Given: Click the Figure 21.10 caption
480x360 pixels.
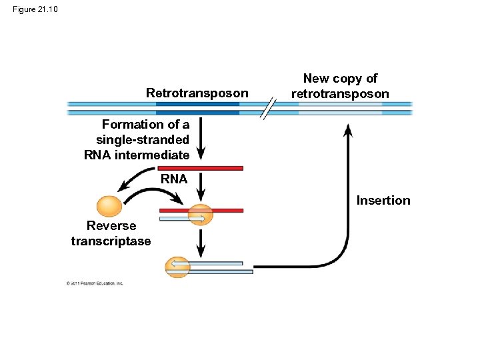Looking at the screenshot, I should click(x=35, y=9).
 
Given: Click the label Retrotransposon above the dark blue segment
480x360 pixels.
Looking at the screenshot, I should click(x=197, y=93).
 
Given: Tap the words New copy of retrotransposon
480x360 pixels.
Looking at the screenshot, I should click(x=340, y=87).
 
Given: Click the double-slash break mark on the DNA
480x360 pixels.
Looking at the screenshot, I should click(x=268, y=108).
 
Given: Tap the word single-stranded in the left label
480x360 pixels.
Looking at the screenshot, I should click(x=143, y=140).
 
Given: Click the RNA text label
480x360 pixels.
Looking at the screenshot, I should click(x=174, y=179).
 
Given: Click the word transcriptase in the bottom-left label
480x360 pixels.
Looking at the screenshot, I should click(x=111, y=241).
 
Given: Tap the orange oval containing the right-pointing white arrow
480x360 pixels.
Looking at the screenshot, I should click(x=200, y=215).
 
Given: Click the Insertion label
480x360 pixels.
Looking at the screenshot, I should click(x=383, y=201).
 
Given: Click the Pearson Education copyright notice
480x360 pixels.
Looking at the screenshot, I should click(x=95, y=283).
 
